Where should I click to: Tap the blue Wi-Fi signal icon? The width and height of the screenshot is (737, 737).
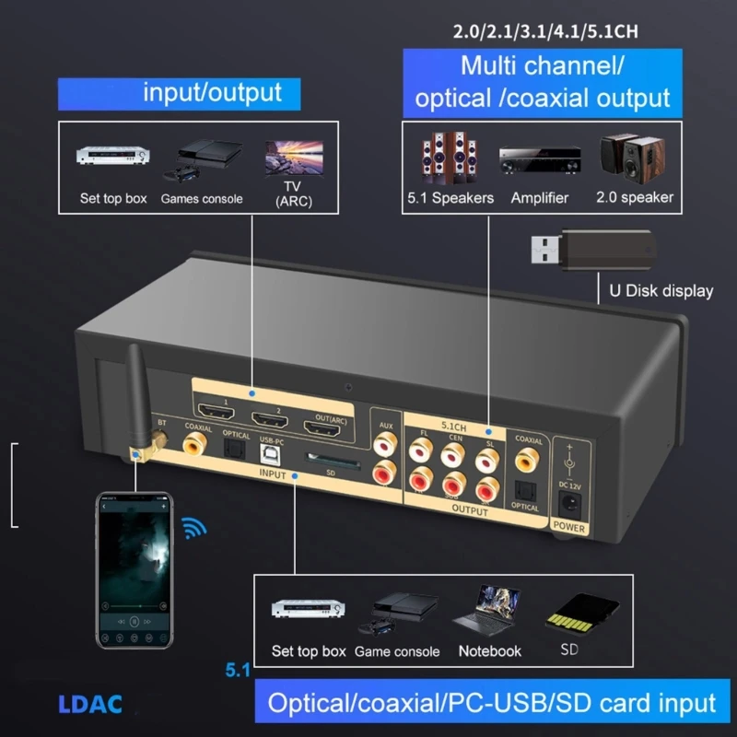tap(193, 529)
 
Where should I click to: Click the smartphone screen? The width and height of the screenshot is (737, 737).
tap(135, 562)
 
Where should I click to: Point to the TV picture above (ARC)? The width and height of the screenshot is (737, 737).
tap(293, 158)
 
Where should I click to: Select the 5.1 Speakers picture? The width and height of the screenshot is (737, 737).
tap(450, 158)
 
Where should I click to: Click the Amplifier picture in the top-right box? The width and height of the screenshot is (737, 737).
tap(539, 162)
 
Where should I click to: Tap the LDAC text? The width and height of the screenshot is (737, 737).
tap(89, 705)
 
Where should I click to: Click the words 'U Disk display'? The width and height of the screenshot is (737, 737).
tap(661, 291)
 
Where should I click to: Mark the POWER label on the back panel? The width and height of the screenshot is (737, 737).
tap(569, 528)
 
